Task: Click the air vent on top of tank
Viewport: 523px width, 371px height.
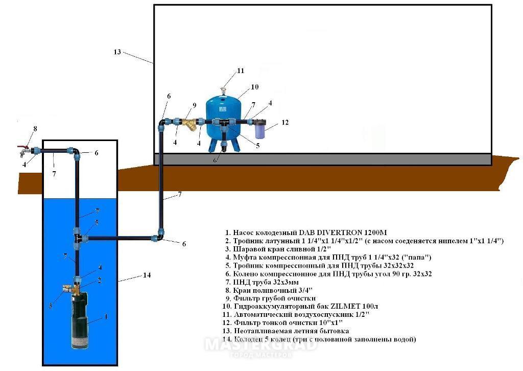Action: coord(223,91)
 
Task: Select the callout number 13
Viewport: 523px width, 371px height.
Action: coord(117,52)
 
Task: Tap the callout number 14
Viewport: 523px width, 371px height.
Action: coord(147,275)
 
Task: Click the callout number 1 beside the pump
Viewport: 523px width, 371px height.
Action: coord(106,317)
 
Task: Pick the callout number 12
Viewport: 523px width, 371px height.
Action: coord(285,123)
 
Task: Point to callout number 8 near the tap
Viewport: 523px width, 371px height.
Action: coord(35,129)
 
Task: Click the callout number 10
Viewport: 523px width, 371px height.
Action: coord(254,87)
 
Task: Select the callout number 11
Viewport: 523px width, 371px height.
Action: coord(240,71)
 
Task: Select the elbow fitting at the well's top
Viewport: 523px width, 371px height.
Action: coord(74,152)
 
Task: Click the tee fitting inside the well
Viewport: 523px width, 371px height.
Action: coord(78,238)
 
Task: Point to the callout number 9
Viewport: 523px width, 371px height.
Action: coord(194,105)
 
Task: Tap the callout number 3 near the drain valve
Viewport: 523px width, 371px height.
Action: coord(50,306)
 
